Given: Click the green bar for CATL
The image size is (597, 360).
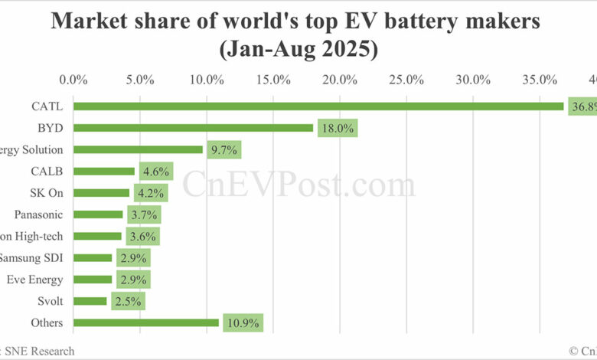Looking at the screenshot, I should click(318, 106).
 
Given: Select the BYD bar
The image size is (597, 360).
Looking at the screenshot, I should click(194, 128).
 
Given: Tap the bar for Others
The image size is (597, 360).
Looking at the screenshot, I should click(146, 322).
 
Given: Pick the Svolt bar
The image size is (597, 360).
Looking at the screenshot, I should click(90, 301).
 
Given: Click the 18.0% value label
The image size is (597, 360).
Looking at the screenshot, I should click(336, 129).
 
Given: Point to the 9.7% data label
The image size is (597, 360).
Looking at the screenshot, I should click(224, 150).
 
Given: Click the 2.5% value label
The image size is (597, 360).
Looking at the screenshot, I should click(127, 302).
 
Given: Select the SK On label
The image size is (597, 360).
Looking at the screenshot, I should click(45, 193).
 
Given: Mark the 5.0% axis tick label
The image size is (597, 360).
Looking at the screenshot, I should click(140, 80).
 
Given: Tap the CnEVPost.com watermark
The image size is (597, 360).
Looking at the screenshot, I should click(298, 185).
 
